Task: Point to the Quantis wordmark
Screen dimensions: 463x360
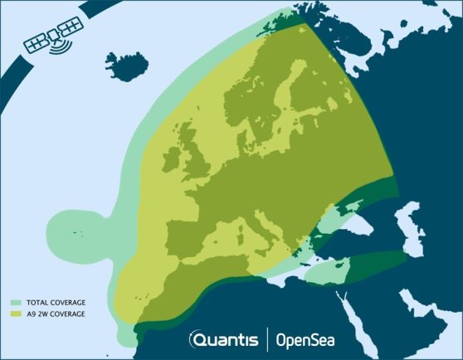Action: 229,338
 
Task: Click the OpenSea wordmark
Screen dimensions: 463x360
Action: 305,338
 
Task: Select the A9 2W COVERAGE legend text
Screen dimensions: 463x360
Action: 58,314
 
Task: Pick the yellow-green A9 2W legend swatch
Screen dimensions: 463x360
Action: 16,314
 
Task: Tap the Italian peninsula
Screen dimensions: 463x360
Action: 265,236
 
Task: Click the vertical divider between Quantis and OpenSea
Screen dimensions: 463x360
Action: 266,338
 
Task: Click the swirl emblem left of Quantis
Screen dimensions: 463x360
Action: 195,339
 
